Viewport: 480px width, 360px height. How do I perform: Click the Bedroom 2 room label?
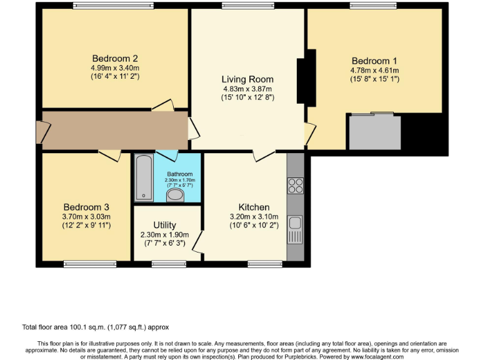click(115, 59)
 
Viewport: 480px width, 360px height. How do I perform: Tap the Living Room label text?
click(247, 79)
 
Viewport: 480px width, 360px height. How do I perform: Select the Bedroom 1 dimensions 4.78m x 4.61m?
click(374, 71)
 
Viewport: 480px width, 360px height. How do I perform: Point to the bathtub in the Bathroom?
click(144, 177)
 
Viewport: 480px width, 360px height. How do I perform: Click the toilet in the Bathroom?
click(176, 195)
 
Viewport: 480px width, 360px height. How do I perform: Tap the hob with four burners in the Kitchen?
click(295, 186)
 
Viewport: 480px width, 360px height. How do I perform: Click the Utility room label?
click(165, 225)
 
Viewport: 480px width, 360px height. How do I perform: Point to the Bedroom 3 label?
click(86, 207)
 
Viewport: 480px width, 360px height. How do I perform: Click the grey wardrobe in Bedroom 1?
click(374, 132)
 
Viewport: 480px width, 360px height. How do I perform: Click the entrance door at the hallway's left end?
click(41, 132)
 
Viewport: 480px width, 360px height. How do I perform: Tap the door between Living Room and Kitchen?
click(263, 155)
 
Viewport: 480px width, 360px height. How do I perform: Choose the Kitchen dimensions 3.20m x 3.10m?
click(254, 217)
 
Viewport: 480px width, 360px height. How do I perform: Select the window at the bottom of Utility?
click(164, 264)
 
